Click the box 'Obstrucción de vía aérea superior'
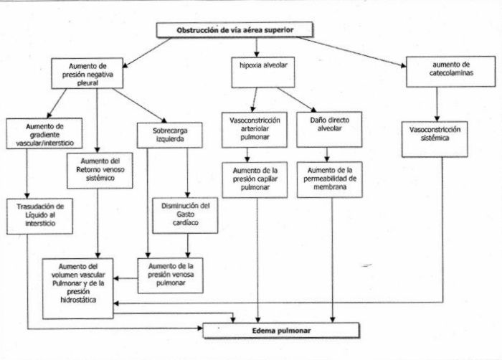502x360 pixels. click(235, 30)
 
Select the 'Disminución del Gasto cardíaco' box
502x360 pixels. click(185, 214)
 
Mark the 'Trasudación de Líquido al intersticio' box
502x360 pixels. click(34, 214)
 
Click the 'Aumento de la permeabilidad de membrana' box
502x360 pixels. click(334, 177)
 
